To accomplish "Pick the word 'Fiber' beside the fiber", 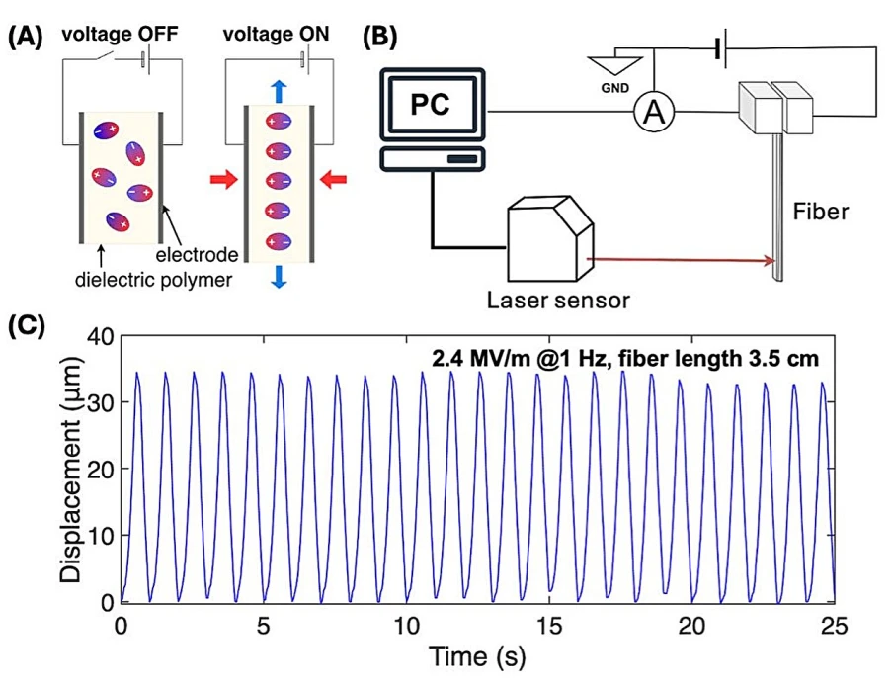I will click(x=821, y=212).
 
